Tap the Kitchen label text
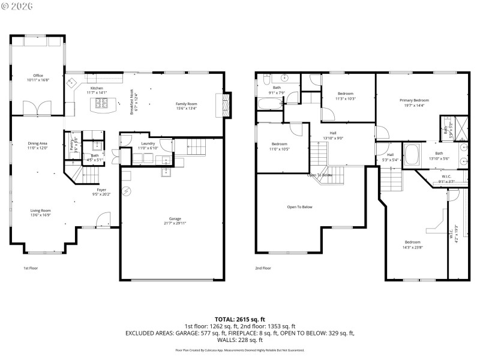click(97, 88)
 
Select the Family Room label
click(186, 104)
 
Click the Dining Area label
click(38, 143)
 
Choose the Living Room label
click(41, 211)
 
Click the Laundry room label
click(148, 143)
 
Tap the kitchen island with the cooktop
click(103, 105)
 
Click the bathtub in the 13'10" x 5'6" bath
click(413, 155)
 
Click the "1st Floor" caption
click(31, 268)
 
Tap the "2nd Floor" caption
click(263, 268)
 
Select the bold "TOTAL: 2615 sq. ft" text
click(239, 319)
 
